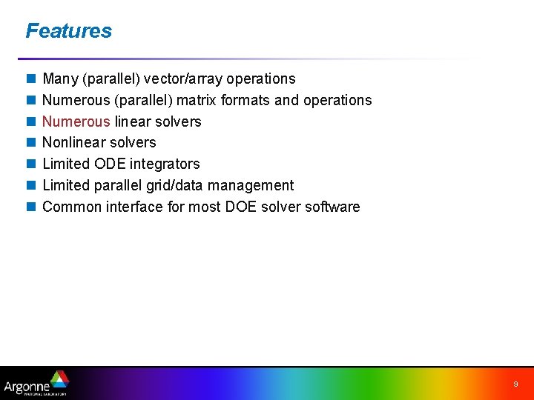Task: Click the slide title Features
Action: [68, 31]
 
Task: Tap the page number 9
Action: [515, 384]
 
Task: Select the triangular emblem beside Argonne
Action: [59, 379]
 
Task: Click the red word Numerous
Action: [76, 121]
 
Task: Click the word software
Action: [330, 207]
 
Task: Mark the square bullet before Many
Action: [30, 79]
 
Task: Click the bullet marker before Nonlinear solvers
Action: [30, 143]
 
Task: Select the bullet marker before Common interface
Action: [30, 207]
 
